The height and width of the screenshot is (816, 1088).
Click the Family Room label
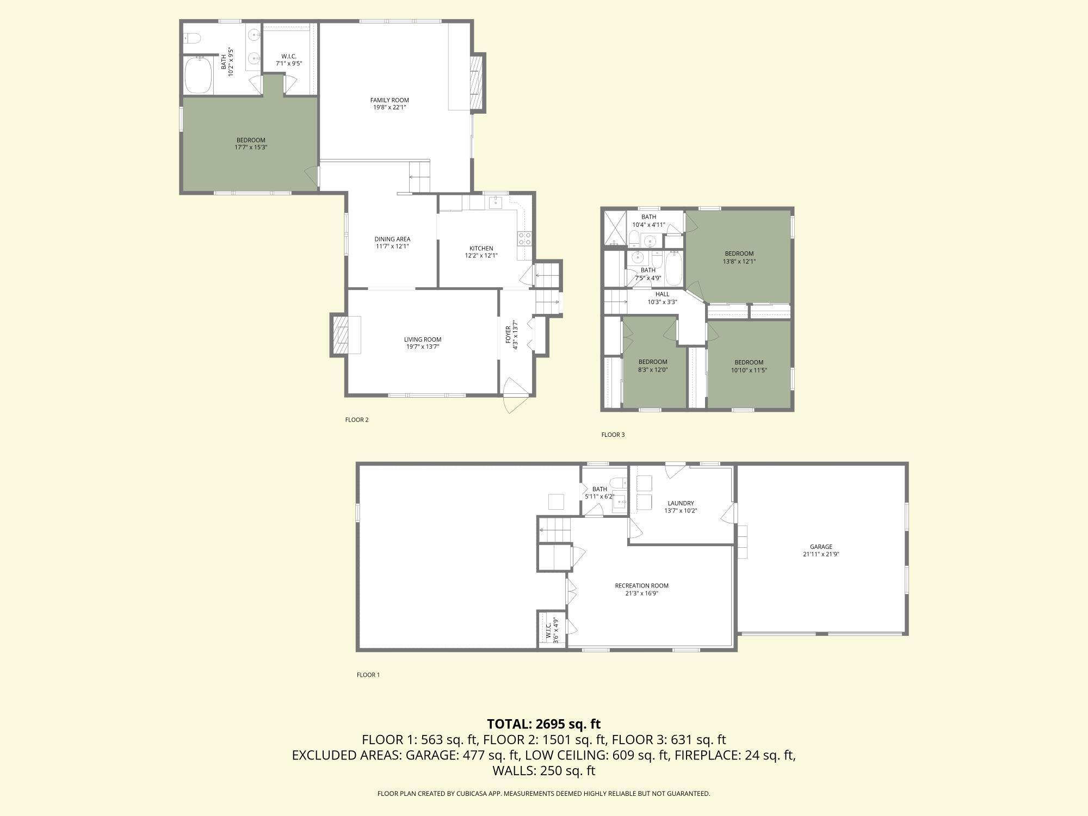390,103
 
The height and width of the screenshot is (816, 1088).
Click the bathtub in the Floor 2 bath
198,76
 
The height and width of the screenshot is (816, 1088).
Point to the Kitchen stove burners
524,238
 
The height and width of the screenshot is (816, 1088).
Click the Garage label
821,551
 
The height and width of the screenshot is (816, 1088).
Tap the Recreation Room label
641,589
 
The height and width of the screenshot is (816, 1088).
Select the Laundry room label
681,507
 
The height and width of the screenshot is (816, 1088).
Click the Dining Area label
392,243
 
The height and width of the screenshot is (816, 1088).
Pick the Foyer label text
511,335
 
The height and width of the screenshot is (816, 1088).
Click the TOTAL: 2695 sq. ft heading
543,724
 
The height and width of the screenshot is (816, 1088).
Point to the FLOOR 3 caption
613,435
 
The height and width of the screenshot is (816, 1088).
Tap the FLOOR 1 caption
368,675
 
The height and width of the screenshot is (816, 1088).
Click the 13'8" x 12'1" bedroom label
739,257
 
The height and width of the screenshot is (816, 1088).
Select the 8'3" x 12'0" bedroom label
653,366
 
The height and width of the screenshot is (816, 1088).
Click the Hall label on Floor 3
662,298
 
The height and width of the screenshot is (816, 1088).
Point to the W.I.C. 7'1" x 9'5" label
289,60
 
